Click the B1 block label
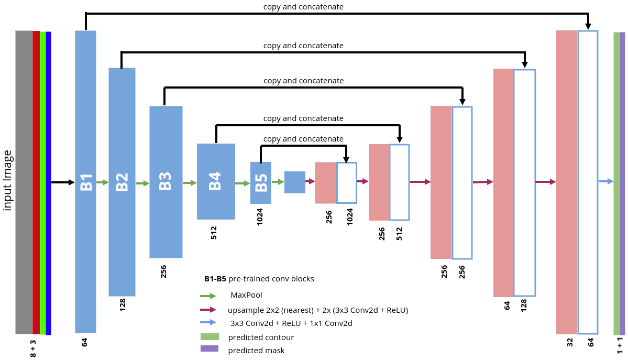coord(86,182)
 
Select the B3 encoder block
coord(166,181)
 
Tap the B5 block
coord(261,182)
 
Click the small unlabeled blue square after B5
coord(294,182)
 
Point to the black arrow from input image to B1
coord(63,182)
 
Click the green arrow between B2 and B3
coord(142,183)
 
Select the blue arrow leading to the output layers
coord(605,181)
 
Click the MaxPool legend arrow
coord(208,296)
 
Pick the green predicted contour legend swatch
coord(209,336)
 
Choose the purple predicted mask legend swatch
coord(209,349)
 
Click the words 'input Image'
coord(7,181)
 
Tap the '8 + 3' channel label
coord(33,348)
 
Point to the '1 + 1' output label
coord(620,347)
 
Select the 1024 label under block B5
coord(260,216)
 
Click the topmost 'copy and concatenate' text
coord(303,7)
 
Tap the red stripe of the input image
coord(36,182)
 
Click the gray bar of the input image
coord(24,182)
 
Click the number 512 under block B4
coord(214,233)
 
